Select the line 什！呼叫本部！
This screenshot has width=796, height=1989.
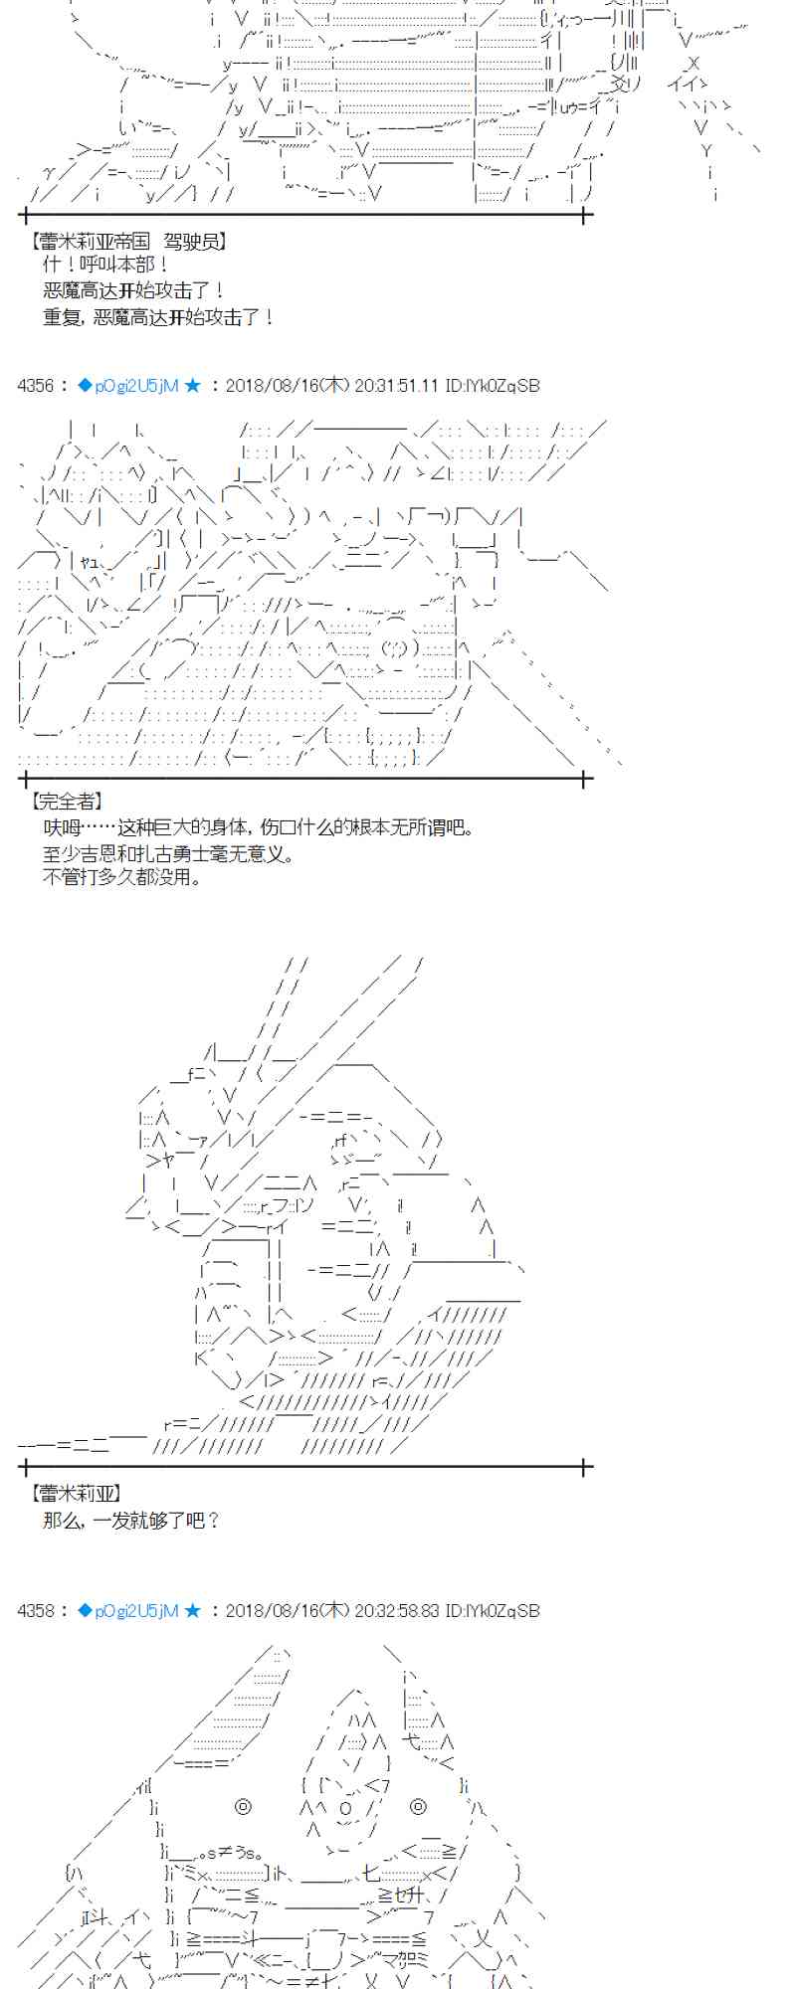point(106,265)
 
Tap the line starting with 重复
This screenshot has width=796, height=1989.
point(158,317)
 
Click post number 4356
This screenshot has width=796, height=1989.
point(37,385)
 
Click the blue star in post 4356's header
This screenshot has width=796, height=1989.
point(193,385)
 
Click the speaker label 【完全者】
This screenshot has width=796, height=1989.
point(67,801)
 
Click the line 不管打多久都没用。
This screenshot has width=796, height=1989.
point(122,877)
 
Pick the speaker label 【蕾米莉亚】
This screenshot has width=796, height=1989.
point(76,1493)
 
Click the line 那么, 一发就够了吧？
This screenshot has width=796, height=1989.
point(131,1520)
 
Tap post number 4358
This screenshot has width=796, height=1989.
point(37,1610)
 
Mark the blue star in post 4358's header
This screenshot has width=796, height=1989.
point(193,1610)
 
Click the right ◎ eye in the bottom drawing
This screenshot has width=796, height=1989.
point(419,1806)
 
